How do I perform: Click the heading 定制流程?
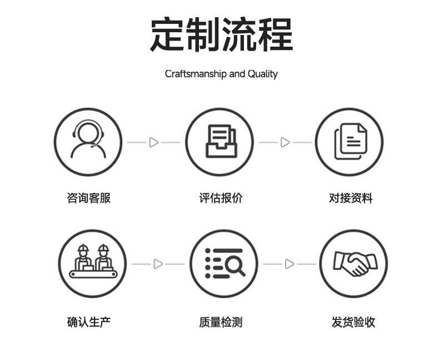coord(221,34)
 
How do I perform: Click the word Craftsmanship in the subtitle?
coord(196,74)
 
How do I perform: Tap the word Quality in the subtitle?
coord(262,74)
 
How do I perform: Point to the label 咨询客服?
coord(89,198)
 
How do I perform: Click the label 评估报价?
coord(221,198)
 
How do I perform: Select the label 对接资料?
coord(351,198)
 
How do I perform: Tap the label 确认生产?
coord(89,322)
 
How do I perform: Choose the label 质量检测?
coord(221,322)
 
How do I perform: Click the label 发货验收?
coord(353,322)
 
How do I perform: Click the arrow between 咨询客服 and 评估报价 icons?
coord(154,143)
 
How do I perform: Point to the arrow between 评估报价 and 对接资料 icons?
coord(285,143)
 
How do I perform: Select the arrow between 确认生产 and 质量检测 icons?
coord(158,264)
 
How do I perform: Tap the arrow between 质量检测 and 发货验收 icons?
coord(290,264)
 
